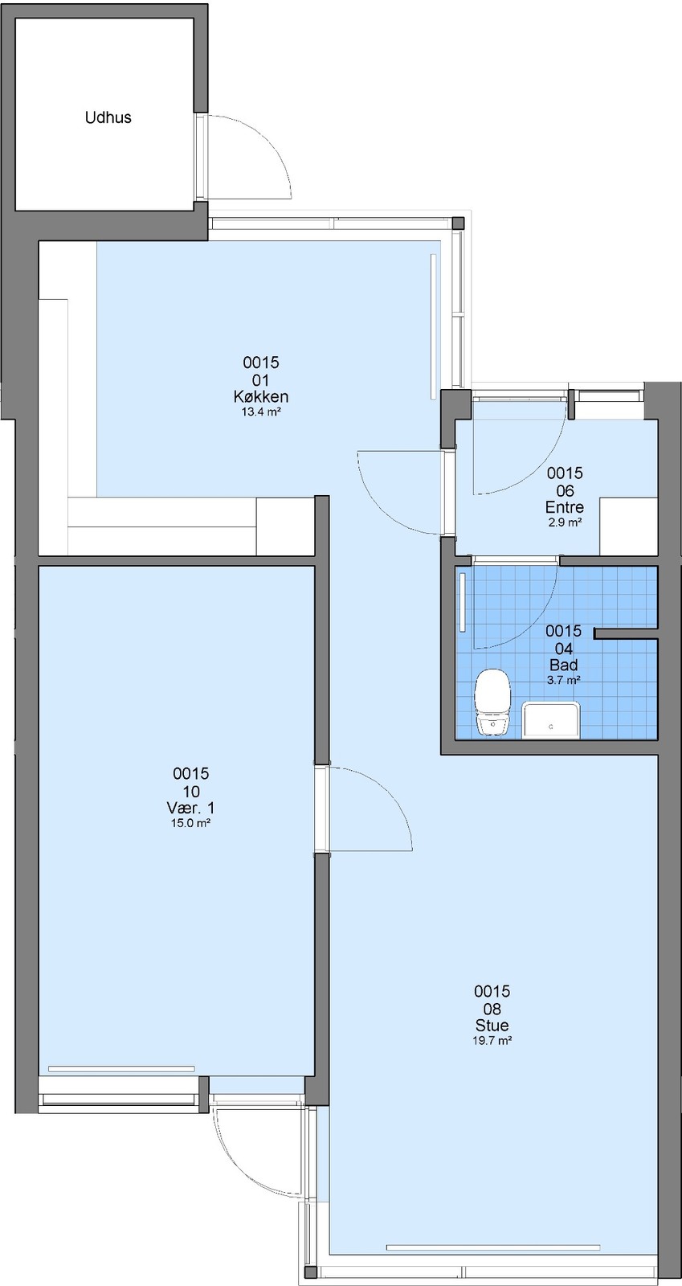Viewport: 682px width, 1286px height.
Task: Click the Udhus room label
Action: coord(108,117)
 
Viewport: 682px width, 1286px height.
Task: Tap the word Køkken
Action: coord(261,397)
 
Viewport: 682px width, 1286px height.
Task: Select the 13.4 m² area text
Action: coord(261,412)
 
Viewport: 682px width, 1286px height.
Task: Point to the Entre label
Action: coord(565,507)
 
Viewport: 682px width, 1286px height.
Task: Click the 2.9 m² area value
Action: coord(565,522)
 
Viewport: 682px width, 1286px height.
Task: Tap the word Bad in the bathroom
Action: coord(563,666)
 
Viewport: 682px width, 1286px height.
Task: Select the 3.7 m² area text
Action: coord(563,680)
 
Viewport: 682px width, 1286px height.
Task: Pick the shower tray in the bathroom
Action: coord(550,719)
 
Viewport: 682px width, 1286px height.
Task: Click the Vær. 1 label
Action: coord(191,808)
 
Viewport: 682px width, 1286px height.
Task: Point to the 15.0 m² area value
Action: coord(191,823)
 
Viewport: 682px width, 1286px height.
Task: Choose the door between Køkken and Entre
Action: coord(401,493)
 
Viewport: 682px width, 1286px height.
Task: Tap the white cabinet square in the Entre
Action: coord(628,526)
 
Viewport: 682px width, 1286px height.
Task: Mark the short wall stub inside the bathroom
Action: coord(625,633)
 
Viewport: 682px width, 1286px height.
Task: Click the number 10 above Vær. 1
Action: coord(191,791)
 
